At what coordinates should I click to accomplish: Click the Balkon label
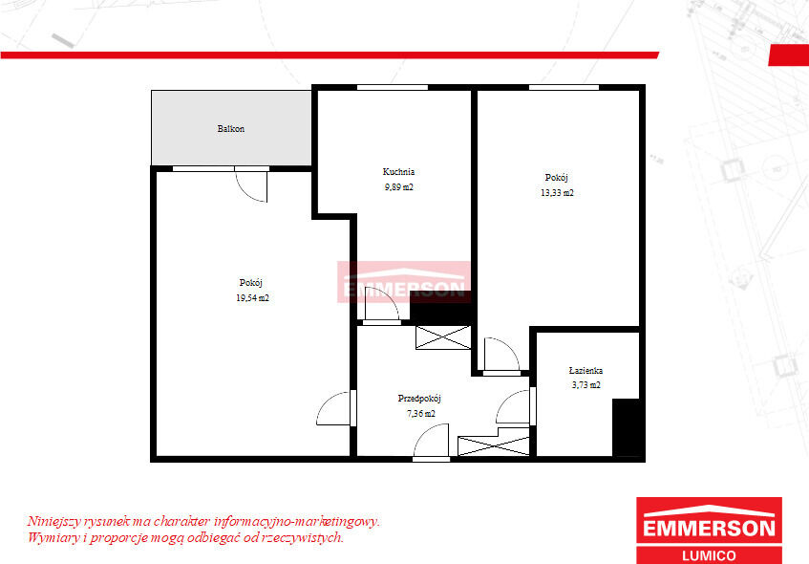230,129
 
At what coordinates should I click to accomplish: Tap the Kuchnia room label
398,171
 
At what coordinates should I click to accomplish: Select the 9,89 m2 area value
399,187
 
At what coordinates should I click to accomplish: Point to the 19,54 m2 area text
252,298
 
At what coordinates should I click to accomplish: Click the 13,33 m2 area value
557,193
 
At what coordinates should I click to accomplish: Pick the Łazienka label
585,370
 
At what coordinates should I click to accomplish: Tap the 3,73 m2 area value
586,385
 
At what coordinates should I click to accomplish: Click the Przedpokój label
419,399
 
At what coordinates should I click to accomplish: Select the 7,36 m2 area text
420,413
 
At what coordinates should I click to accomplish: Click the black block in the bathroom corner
626,427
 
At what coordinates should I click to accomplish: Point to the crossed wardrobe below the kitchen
443,337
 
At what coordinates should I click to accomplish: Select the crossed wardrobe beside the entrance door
494,445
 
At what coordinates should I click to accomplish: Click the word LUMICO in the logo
709,555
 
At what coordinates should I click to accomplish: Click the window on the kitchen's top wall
393,87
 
